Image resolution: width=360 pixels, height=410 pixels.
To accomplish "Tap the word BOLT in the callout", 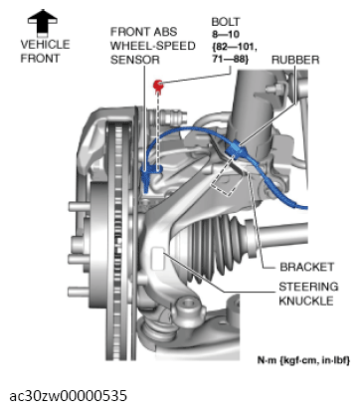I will click(x=225, y=20).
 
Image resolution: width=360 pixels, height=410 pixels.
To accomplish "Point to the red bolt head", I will click(x=156, y=87).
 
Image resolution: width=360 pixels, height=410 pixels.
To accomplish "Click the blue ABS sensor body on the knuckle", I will click(x=151, y=178).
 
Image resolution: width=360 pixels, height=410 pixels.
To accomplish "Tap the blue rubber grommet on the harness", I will click(x=236, y=149).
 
